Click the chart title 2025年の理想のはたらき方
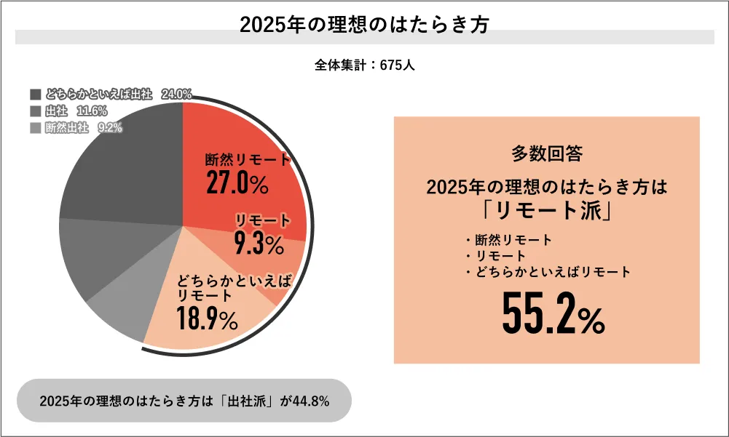point(364,25)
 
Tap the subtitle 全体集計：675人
point(364,65)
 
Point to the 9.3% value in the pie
point(259,245)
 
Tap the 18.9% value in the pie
point(207,318)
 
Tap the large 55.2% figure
point(553,313)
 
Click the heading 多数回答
point(546,154)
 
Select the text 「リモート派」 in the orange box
point(546,211)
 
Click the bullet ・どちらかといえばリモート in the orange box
point(546,273)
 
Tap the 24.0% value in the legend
point(177,95)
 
